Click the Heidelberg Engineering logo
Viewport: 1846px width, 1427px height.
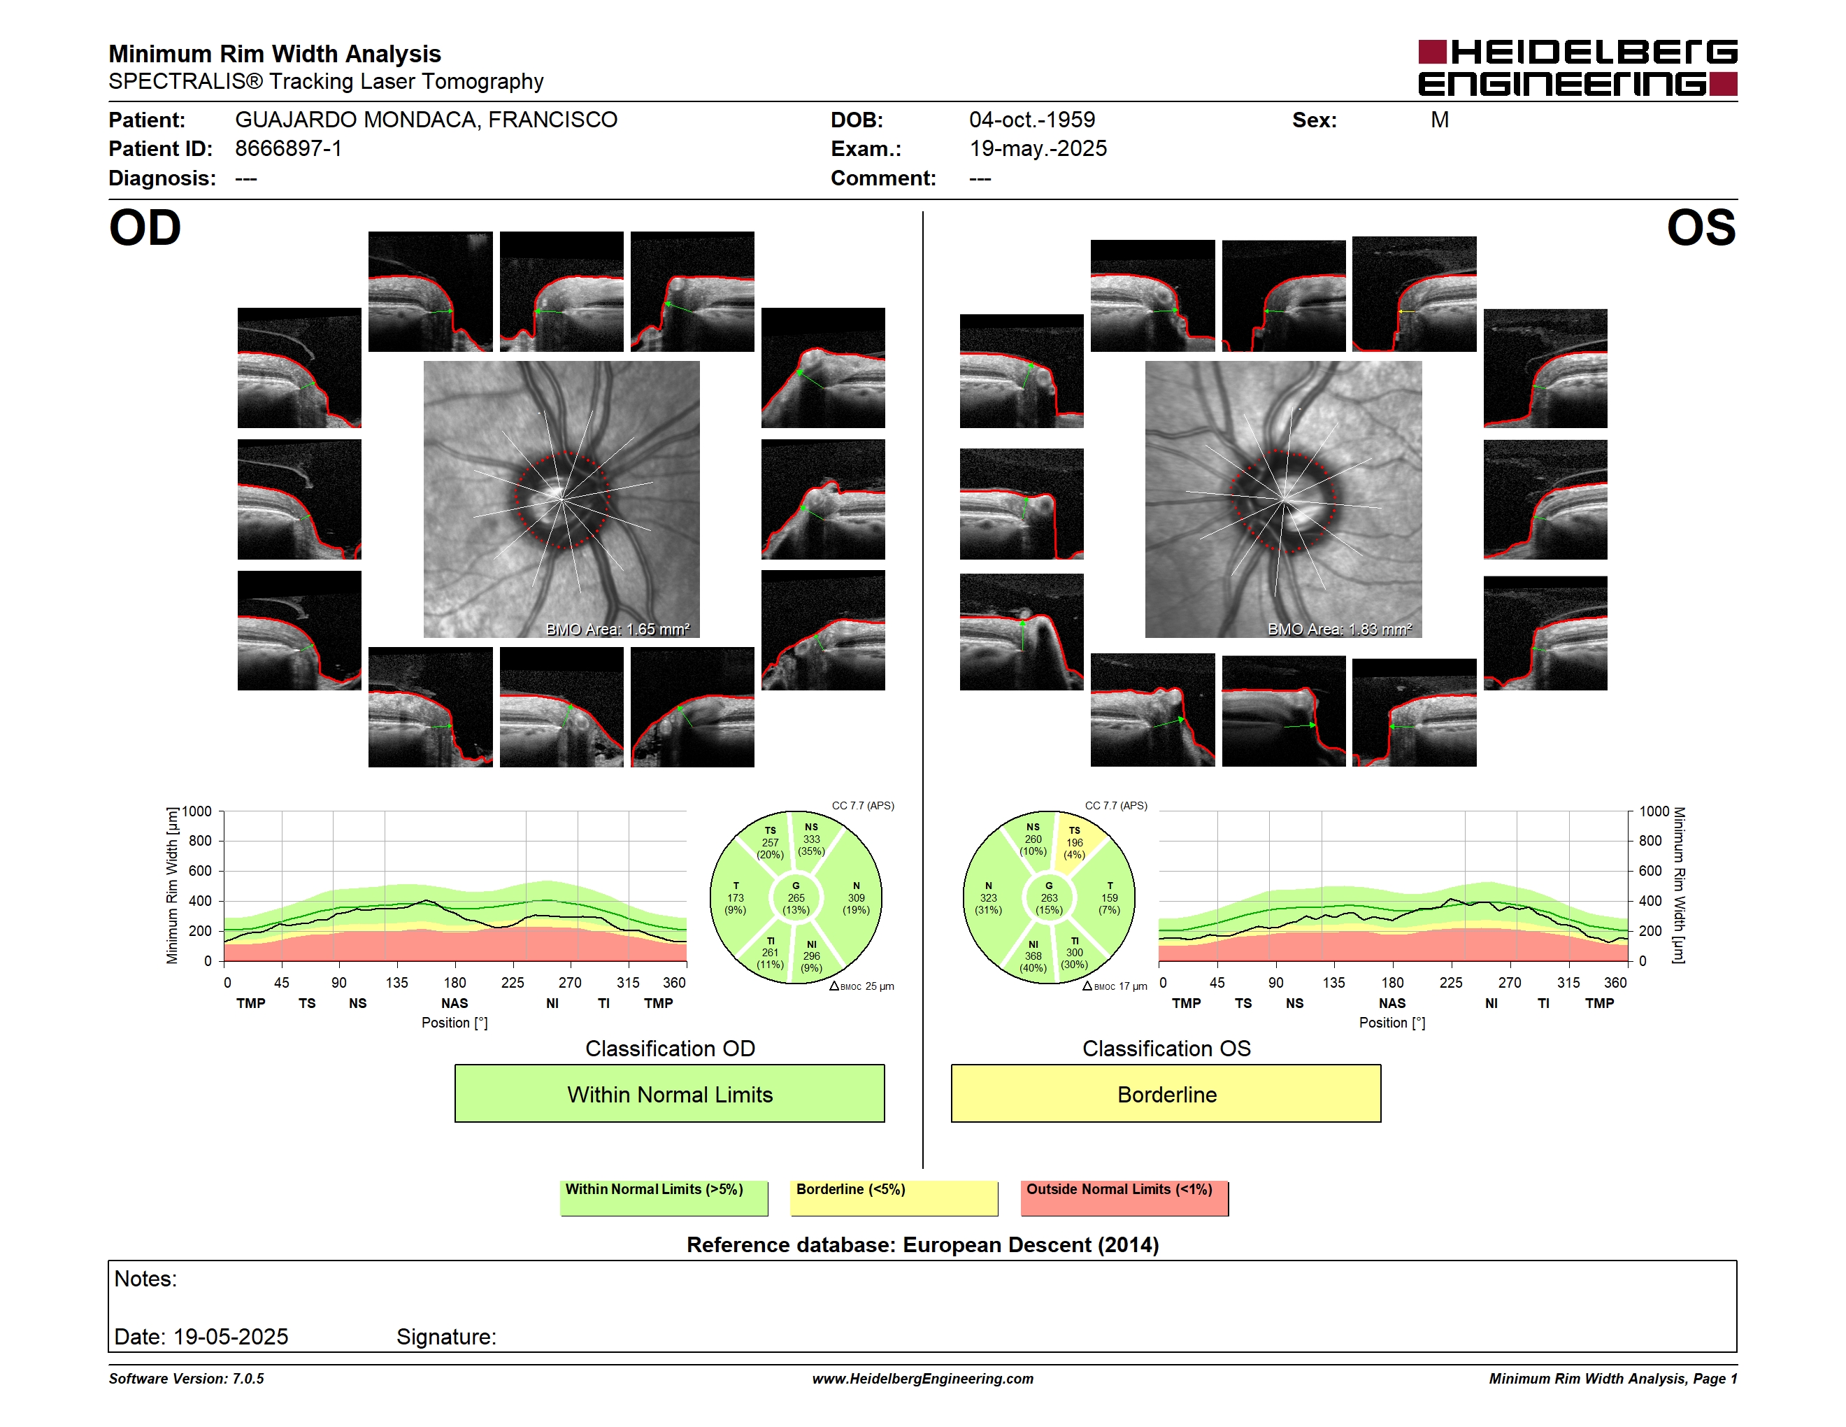[x=1577, y=68]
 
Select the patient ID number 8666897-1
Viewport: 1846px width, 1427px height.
[x=288, y=149]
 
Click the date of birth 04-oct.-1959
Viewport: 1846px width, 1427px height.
[x=1032, y=120]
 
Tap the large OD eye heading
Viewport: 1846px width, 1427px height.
[x=145, y=228]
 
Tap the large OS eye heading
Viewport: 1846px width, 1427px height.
[x=1701, y=228]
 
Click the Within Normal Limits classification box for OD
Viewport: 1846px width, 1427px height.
[x=669, y=1093]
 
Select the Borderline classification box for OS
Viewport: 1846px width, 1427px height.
[x=1166, y=1093]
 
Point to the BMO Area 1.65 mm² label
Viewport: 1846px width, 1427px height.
[x=618, y=629]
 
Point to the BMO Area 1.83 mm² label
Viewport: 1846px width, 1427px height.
[x=1340, y=629]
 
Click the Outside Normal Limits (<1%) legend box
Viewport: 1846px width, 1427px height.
[x=1124, y=1198]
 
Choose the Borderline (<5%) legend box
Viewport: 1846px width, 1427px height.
[x=894, y=1198]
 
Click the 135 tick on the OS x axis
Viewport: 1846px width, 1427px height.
[x=1333, y=982]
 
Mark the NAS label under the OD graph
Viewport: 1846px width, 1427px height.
[x=454, y=1004]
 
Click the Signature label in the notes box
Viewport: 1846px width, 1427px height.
[x=446, y=1337]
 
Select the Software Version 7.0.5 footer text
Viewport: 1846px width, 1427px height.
[x=186, y=1379]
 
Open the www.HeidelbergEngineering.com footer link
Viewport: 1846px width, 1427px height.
[x=922, y=1379]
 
